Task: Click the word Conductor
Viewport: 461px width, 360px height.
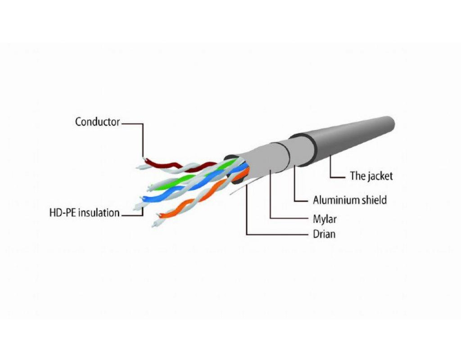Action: point(97,121)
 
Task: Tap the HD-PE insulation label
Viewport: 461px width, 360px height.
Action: point(84,212)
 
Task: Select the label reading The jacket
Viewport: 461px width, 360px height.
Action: point(371,176)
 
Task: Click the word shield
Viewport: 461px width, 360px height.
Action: point(373,199)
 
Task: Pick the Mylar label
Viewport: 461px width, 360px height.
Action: point(325,220)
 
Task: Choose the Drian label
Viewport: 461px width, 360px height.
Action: point(324,234)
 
